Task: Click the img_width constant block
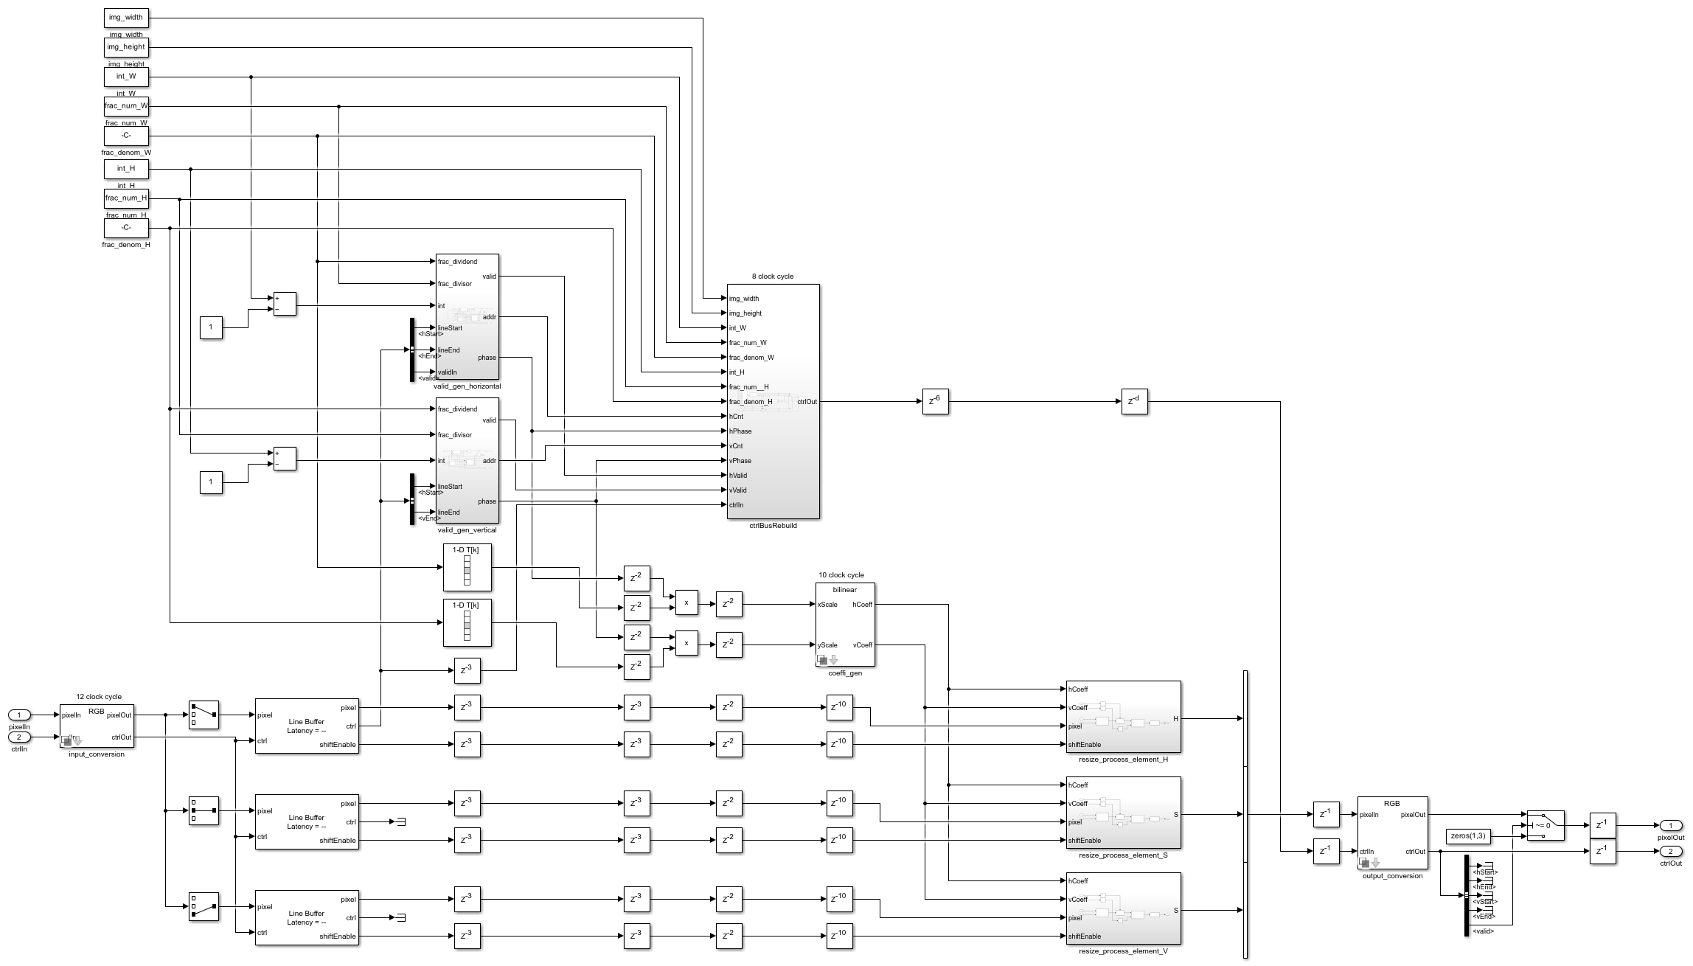click(126, 18)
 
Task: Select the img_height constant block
click(126, 47)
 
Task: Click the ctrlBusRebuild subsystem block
click(773, 401)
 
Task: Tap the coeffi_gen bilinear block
click(845, 624)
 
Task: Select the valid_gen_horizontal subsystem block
click(467, 317)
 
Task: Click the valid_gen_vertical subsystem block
click(467, 460)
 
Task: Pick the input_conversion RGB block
click(97, 726)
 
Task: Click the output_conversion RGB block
click(1392, 833)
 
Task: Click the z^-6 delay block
click(935, 401)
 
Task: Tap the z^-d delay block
click(1134, 401)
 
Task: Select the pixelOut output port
click(1671, 826)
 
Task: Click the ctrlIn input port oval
click(19, 737)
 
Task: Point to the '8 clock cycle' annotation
click(773, 277)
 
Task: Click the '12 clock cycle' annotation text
click(99, 696)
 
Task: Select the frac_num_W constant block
click(126, 106)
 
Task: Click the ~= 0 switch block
click(1546, 825)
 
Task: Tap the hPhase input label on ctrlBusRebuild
click(740, 431)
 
